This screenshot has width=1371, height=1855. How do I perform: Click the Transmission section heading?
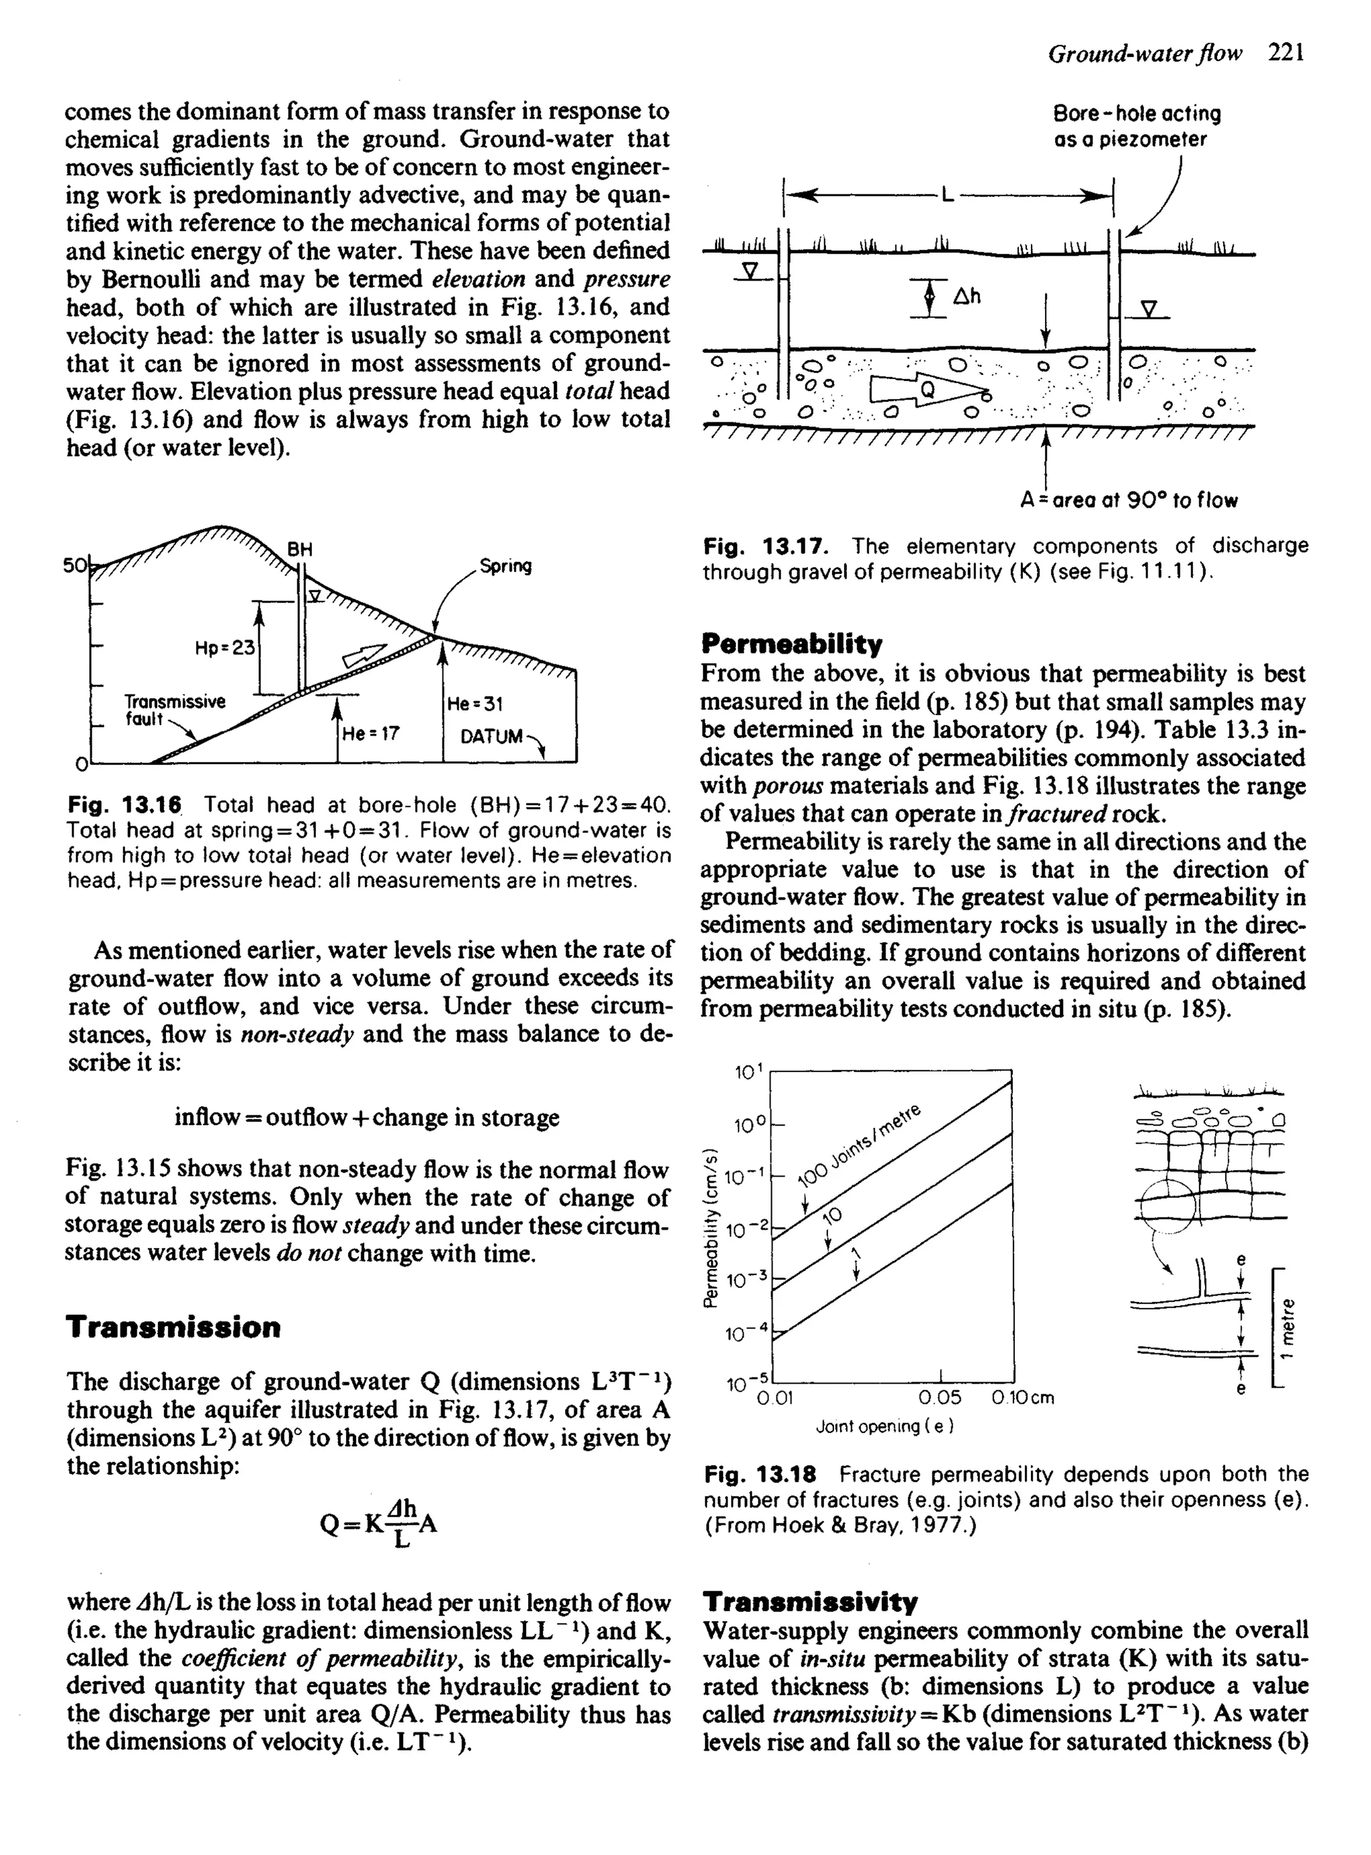tap(173, 1327)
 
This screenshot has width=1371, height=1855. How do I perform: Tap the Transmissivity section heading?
tap(810, 1601)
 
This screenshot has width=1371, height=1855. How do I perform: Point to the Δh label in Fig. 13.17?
tap(967, 296)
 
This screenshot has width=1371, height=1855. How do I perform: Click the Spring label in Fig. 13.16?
tap(505, 566)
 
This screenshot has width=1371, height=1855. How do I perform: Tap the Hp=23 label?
tap(225, 648)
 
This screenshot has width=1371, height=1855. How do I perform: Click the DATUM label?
tap(492, 736)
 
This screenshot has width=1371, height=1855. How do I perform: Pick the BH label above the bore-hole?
tap(300, 548)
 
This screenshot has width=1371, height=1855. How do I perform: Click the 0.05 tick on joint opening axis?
tap(941, 1398)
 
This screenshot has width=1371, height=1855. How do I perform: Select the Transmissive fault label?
tap(174, 711)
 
